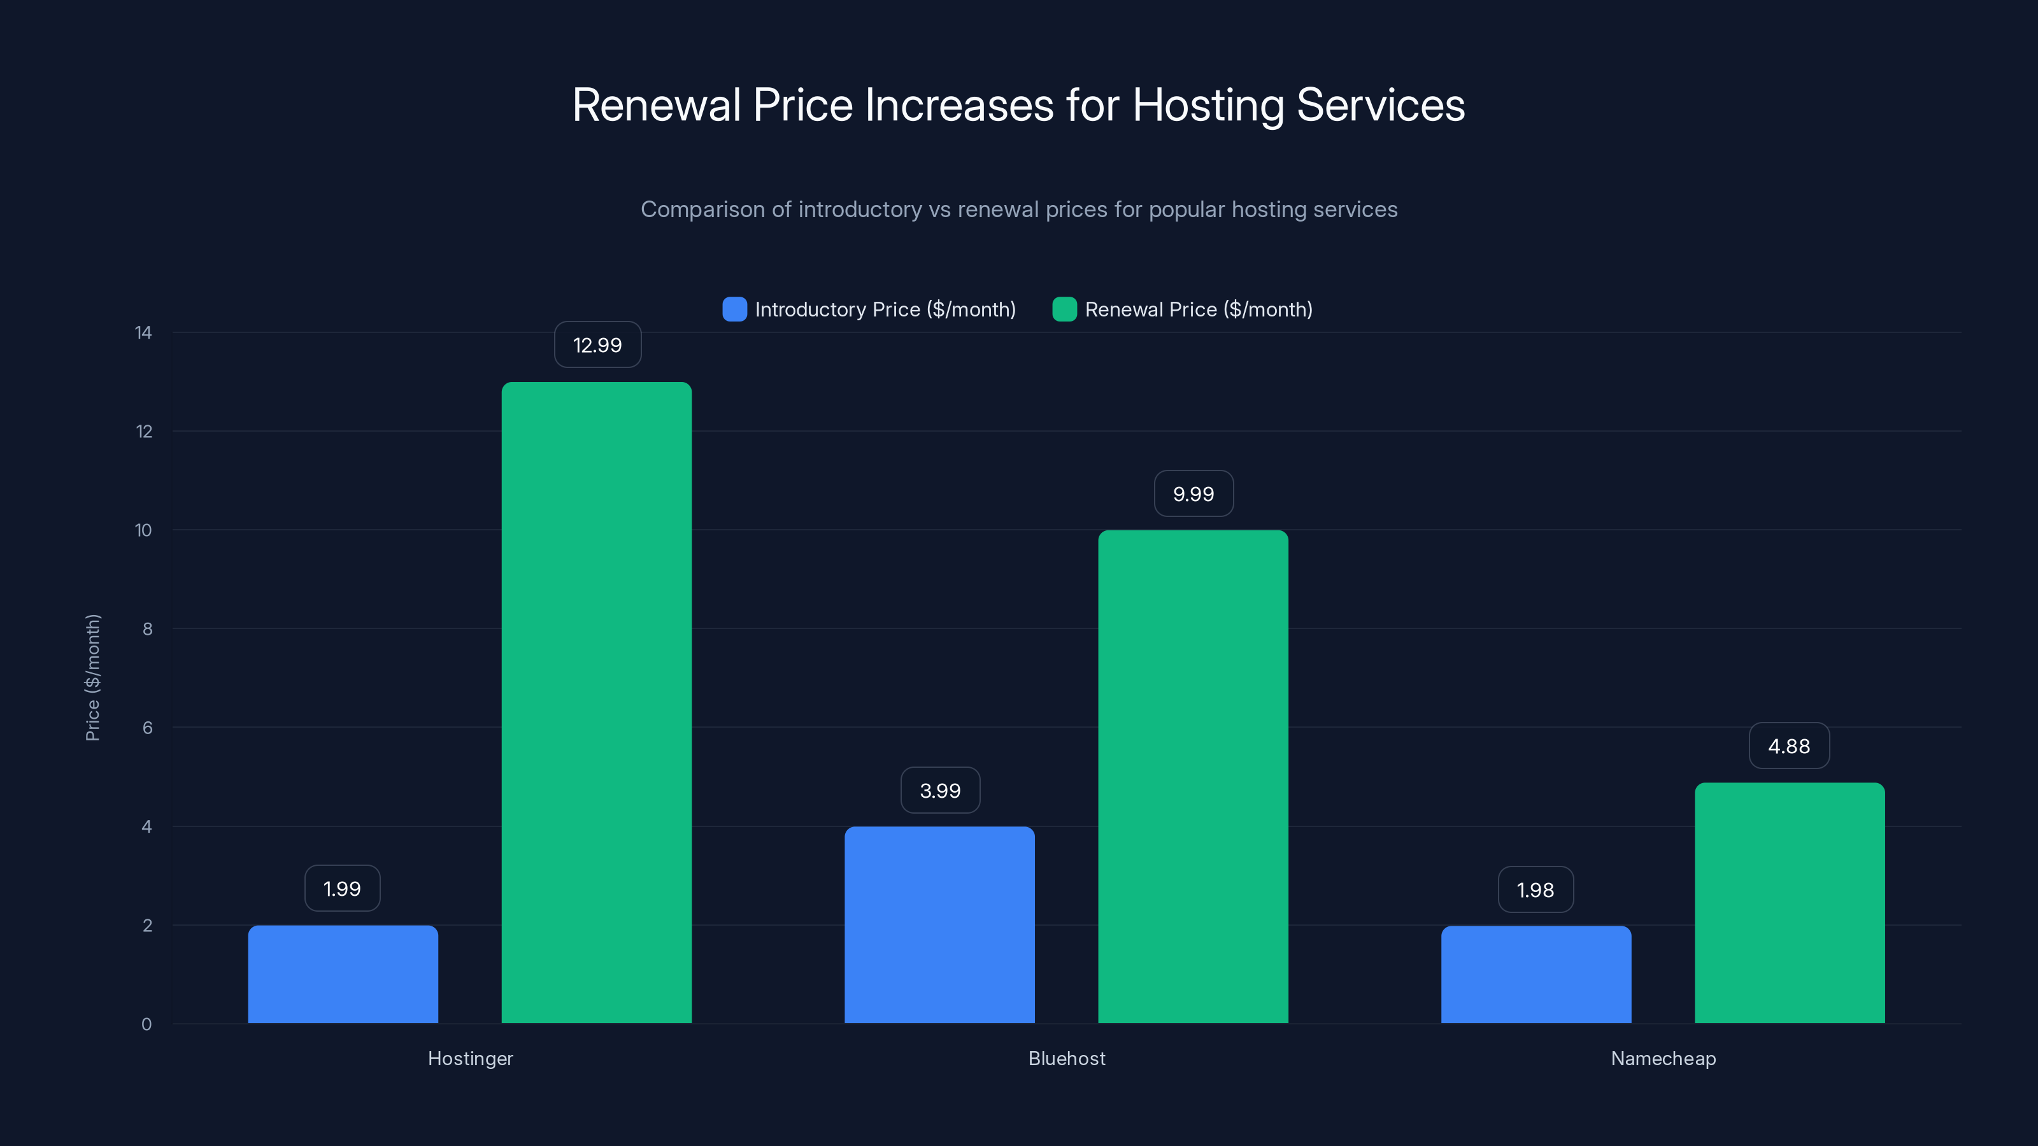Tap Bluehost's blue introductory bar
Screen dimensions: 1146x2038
pyautogui.click(x=939, y=924)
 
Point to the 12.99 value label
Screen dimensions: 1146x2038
pyautogui.click(x=597, y=345)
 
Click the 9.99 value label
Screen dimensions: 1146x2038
pyautogui.click(x=1193, y=493)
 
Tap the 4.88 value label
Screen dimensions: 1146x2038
pyautogui.click(x=1789, y=746)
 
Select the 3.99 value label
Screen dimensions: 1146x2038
pyautogui.click(x=940, y=790)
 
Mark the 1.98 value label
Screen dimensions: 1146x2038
pyautogui.click(x=1535, y=890)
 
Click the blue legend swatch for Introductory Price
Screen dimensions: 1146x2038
pyautogui.click(x=734, y=309)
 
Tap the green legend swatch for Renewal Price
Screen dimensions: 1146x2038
pyautogui.click(x=1064, y=309)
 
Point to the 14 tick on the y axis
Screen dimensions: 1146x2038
pyautogui.click(x=143, y=332)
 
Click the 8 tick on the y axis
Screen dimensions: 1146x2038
pyautogui.click(x=147, y=629)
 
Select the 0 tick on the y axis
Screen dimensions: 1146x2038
pyautogui.click(x=146, y=1024)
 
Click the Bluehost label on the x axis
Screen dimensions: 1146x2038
pyautogui.click(x=1067, y=1058)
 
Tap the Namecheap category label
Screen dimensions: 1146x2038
pyautogui.click(x=1663, y=1058)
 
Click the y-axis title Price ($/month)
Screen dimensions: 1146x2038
pyautogui.click(x=92, y=678)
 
